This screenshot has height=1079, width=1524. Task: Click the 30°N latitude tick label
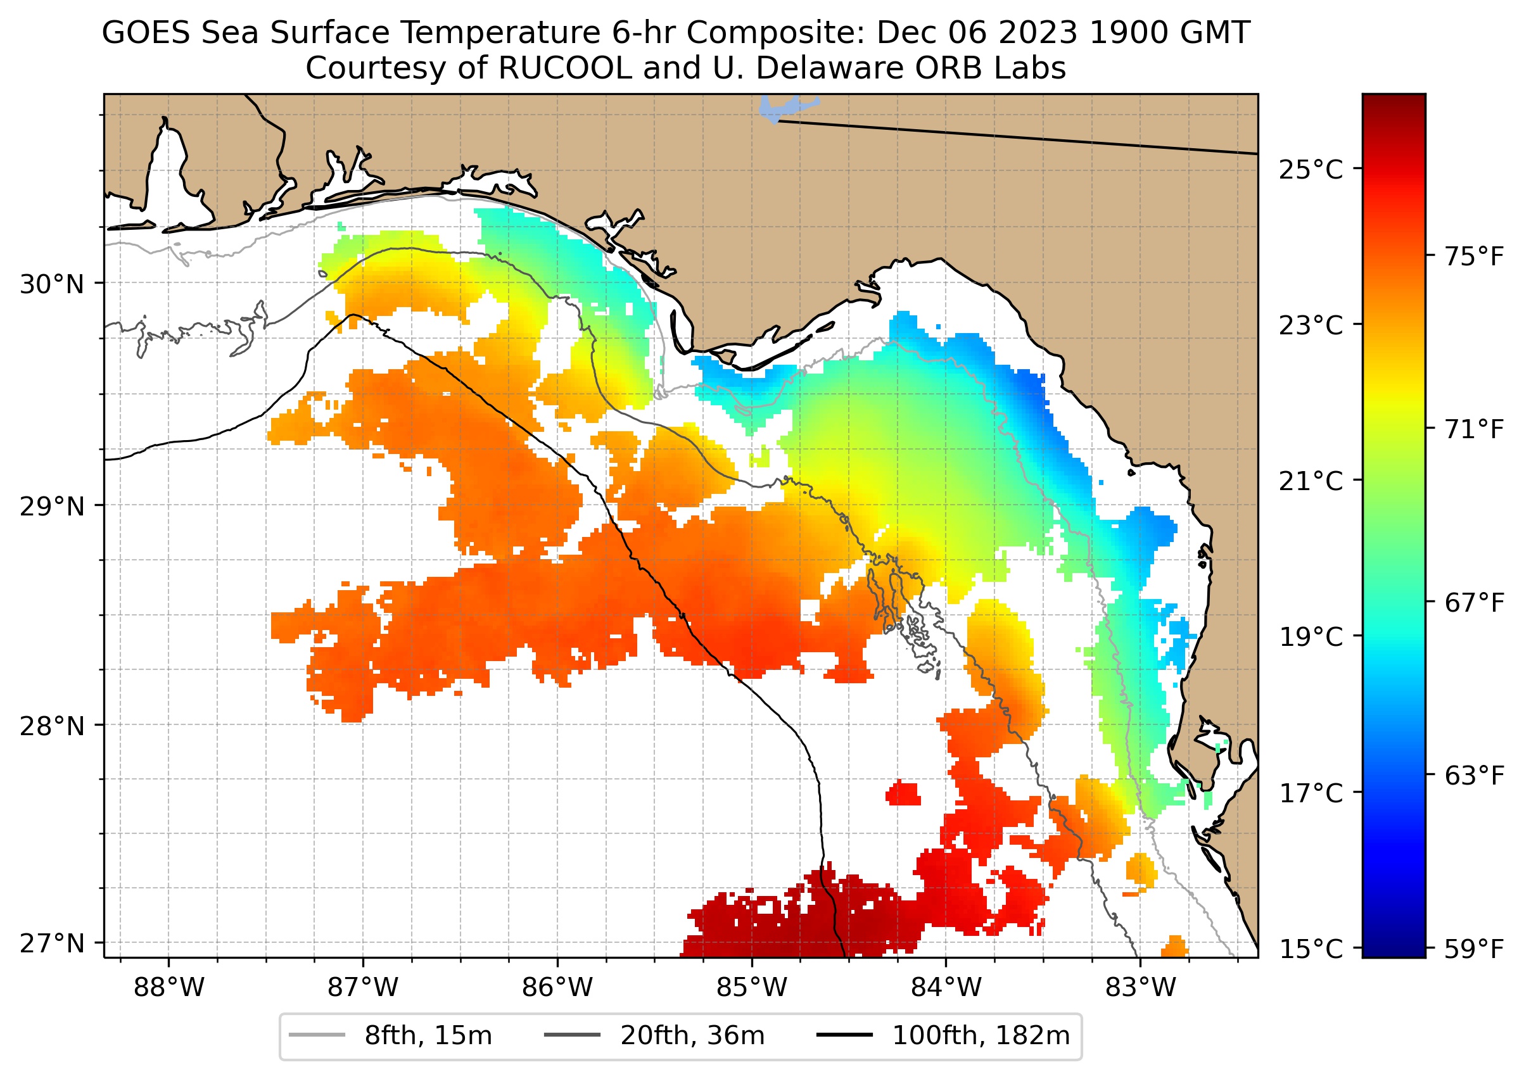(x=52, y=284)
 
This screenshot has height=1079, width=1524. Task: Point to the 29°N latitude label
(x=52, y=507)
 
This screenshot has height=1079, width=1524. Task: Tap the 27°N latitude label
(x=52, y=943)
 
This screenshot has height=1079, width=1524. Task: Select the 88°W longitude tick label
(x=169, y=988)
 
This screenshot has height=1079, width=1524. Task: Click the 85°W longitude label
(x=752, y=988)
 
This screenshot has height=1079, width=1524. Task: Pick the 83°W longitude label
(x=1141, y=988)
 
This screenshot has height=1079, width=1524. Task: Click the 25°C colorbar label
(x=1311, y=170)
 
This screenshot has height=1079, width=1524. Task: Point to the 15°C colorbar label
(x=1311, y=949)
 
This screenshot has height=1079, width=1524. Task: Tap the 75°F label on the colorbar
(x=1474, y=256)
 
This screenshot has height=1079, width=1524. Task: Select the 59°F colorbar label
(x=1474, y=949)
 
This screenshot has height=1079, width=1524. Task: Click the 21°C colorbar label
(x=1311, y=481)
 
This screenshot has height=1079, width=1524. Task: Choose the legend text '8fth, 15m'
(x=428, y=1036)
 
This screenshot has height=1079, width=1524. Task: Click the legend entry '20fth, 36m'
(x=692, y=1036)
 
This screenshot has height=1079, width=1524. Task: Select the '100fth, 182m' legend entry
(x=981, y=1036)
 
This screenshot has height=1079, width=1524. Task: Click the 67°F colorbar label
(x=1474, y=603)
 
